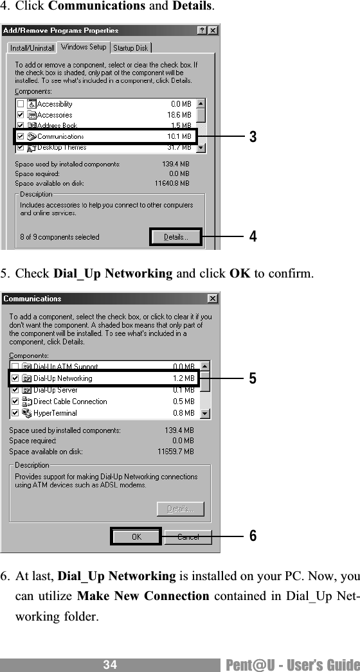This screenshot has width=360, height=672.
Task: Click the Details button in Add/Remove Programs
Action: click(175, 237)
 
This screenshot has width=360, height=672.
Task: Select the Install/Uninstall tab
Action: click(32, 48)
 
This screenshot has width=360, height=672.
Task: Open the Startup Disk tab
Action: click(130, 48)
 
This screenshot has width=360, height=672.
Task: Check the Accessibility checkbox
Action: click(21, 104)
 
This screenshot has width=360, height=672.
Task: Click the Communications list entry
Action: click(60, 136)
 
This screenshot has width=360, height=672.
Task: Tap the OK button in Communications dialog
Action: click(136, 536)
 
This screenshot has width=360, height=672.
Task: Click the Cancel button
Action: click(188, 536)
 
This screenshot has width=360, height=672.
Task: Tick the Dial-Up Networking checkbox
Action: click(15, 378)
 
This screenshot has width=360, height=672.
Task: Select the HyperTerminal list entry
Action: click(55, 413)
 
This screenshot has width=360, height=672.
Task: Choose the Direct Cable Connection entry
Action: click(70, 402)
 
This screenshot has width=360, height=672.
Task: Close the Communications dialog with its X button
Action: click(212, 299)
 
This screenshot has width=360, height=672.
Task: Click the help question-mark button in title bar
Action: click(202, 30)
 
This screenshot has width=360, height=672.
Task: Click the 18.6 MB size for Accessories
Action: click(180, 115)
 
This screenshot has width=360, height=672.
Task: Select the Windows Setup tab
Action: click(84, 48)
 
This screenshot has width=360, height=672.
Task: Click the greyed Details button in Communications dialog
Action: click(180, 509)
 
